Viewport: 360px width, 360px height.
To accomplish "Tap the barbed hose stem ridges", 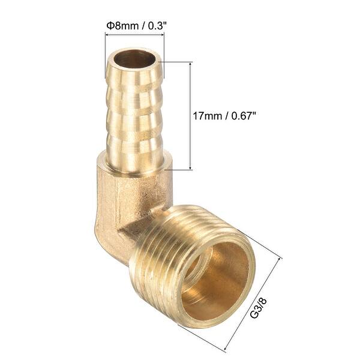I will pos(134,114).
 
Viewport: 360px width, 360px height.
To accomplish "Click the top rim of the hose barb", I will pos(135,50).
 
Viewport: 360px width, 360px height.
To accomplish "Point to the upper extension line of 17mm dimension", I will pos(177,61).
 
